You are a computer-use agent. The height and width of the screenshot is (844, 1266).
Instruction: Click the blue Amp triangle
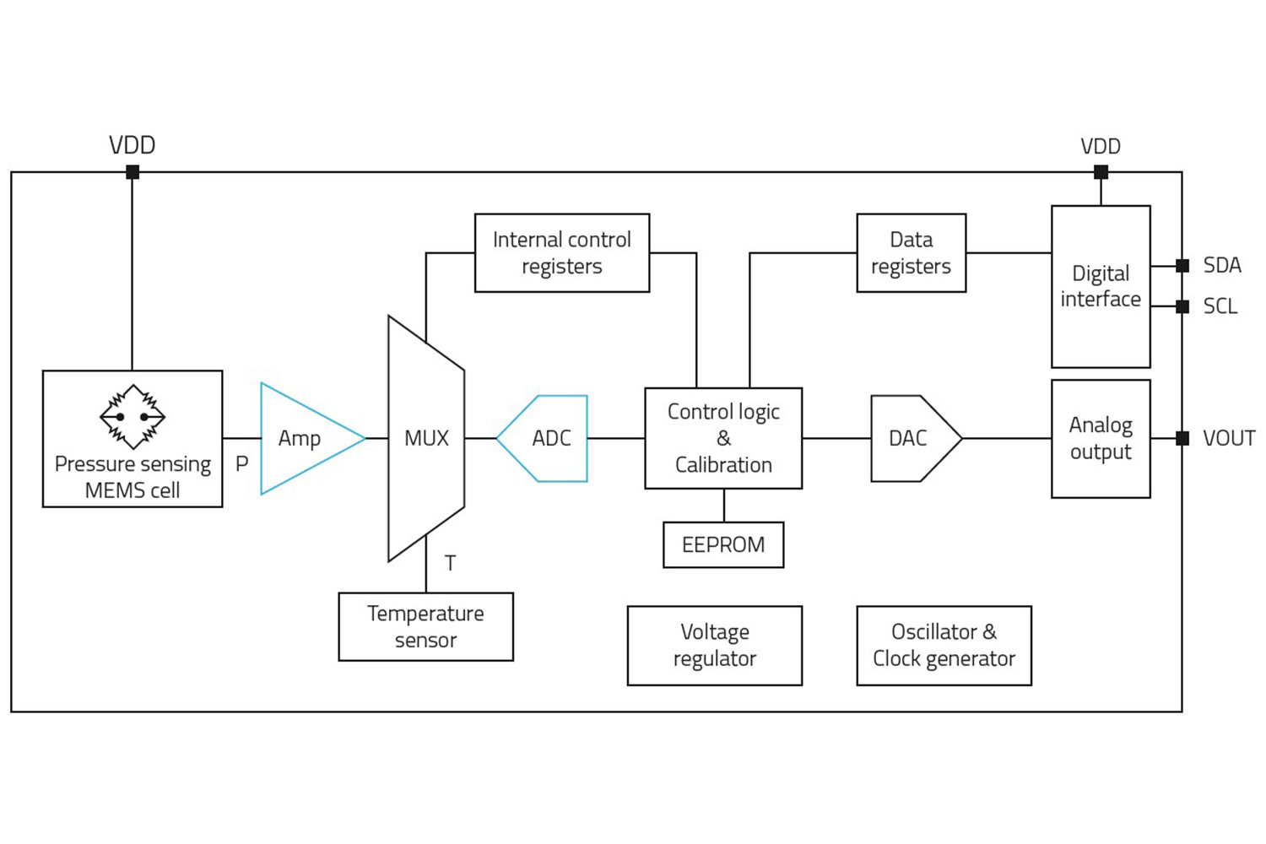tap(304, 438)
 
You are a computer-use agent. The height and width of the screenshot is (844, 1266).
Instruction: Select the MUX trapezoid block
tap(426, 438)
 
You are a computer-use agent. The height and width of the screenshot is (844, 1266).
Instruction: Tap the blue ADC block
tap(549, 438)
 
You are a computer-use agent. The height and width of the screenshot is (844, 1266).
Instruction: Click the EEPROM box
tap(723, 544)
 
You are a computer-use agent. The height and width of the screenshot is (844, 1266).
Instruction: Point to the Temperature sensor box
tap(425, 626)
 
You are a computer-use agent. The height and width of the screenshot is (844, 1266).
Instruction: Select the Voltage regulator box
tap(714, 645)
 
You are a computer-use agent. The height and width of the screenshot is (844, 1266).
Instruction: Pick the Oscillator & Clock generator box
tap(944, 645)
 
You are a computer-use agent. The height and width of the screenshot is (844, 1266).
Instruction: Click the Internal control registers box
tap(561, 252)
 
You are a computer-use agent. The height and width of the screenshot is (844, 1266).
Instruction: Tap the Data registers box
tap(911, 252)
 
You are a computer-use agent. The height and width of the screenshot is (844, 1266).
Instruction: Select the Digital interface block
tap(1101, 286)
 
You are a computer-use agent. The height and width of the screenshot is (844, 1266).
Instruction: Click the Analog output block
tap(1101, 438)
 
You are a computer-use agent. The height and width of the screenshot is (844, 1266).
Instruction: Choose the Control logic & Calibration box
tap(723, 438)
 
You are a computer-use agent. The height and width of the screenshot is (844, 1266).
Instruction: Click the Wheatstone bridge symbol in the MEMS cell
tap(133, 416)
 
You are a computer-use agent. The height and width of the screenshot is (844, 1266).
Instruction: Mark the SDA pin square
tap(1182, 265)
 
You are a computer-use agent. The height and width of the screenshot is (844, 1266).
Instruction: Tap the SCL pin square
tap(1182, 306)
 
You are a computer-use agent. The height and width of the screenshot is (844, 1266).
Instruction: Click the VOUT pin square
tap(1182, 438)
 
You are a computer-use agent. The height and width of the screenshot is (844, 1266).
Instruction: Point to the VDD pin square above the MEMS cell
tap(133, 172)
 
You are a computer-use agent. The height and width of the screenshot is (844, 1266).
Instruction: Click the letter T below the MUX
tap(450, 563)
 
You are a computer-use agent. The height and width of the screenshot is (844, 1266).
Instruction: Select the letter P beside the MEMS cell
tap(241, 463)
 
